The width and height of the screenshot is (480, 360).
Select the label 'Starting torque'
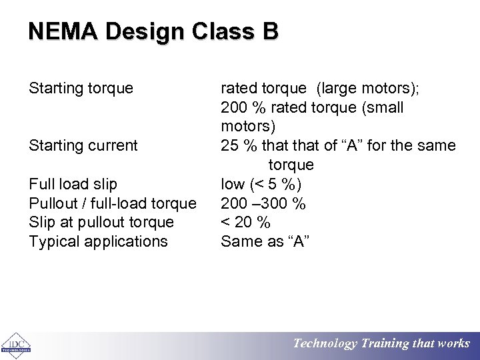[81, 88]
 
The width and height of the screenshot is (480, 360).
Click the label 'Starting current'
[83, 145]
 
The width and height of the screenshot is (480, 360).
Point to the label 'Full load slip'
[73, 183]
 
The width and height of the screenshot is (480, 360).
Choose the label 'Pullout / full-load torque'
[113, 203]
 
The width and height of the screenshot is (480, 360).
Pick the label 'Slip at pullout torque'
[101, 222]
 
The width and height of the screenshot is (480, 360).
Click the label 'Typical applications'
[99, 241]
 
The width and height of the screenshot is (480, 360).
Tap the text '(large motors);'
[373, 88]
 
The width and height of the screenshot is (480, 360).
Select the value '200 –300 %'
[263, 203]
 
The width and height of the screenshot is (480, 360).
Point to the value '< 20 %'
[245, 222]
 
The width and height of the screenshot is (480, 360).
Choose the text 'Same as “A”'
[265, 241]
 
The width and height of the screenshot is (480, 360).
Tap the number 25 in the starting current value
[229, 145]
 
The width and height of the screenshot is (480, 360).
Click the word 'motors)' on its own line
[247, 126]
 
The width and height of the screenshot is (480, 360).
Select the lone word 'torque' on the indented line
[291, 164]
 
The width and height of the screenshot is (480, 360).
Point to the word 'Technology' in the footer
[325, 344]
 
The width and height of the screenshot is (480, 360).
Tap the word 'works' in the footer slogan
[454, 344]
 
